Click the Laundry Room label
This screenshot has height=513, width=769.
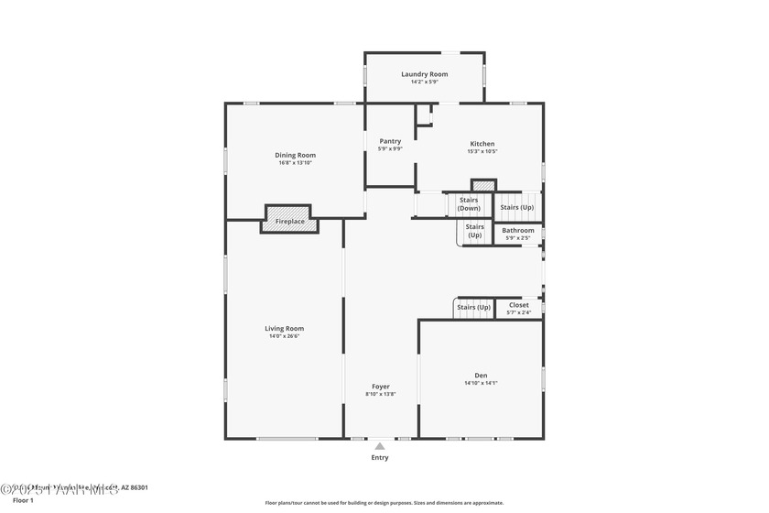(424, 74)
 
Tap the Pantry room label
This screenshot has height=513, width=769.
(390, 141)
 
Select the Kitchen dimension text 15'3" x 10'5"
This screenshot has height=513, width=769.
(482, 152)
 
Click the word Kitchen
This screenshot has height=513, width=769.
(482, 144)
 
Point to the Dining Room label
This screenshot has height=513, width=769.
(295, 155)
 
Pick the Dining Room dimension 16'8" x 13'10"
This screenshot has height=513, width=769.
(295, 163)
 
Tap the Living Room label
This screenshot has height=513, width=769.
(284, 328)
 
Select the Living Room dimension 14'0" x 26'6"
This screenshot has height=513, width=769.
(284, 336)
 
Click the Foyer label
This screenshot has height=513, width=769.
(381, 387)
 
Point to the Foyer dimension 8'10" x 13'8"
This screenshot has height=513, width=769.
(381, 395)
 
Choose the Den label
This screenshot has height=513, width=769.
(481, 375)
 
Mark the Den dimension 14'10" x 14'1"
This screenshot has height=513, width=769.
(481, 383)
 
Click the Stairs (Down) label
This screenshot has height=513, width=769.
(469, 204)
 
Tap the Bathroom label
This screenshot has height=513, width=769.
(518, 230)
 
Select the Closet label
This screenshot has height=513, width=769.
(518, 305)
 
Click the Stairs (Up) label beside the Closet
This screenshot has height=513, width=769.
(473, 307)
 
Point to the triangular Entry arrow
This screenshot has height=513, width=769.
(379, 446)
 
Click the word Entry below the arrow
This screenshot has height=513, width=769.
(379, 457)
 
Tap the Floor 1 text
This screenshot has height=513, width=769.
(23, 501)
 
